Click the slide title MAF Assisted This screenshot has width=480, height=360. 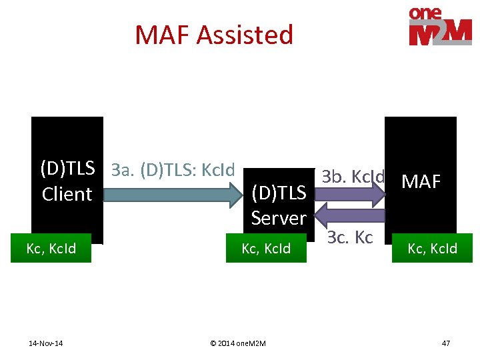[x=214, y=35]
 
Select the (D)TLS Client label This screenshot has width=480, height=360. [x=67, y=181]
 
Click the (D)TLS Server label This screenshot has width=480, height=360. [x=279, y=205]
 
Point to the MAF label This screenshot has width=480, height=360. [x=421, y=181]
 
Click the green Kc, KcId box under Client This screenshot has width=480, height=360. [x=51, y=249]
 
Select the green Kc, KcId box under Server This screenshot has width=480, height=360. [x=266, y=249]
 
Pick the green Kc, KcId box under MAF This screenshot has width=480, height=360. [x=432, y=249]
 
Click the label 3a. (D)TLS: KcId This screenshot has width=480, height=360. [x=173, y=170]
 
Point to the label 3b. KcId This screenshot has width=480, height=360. [x=353, y=177]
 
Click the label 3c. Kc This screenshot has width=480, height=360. [x=350, y=238]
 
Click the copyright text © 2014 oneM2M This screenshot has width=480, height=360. [x=237, y=343]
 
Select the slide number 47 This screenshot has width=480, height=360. [x=446, y=343]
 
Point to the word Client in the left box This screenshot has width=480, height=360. [x=67, y=194]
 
